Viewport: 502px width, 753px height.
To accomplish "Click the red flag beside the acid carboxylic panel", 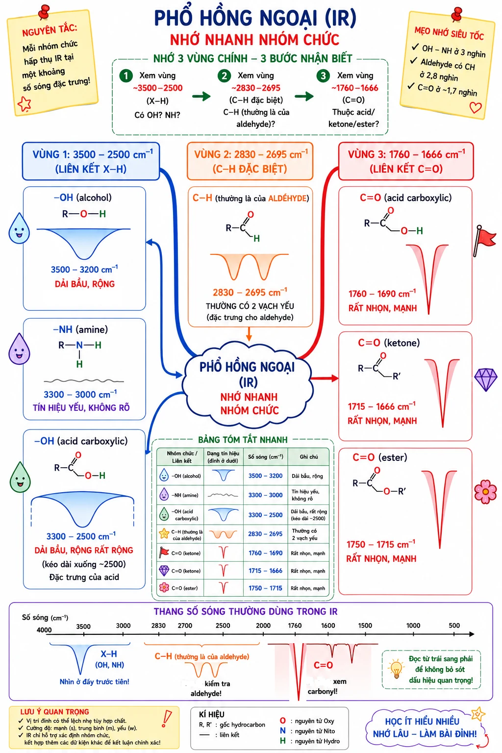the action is coord(484,240).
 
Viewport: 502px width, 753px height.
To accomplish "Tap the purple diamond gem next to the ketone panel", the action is coord(485,379).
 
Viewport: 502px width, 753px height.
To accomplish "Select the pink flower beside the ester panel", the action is coord(485,492).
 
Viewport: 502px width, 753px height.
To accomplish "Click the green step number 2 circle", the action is coord(224,76).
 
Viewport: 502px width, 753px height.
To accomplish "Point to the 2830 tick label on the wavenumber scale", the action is coord(158,626).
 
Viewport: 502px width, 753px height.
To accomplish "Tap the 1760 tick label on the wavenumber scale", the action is coord(295,626).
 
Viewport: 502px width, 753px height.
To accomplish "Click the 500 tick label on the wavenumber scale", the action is coord(454,625).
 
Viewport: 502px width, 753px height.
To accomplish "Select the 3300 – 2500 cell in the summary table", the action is coord(265,515).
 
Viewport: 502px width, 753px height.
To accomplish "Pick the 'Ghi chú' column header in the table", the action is coord(309,457).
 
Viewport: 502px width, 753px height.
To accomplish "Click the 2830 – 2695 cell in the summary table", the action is coord(265,534).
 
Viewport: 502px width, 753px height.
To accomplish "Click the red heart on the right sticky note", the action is coord(476,107).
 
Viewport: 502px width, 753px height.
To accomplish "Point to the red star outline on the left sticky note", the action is coord(24,103).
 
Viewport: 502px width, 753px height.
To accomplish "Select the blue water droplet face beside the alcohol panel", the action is coord(19,228).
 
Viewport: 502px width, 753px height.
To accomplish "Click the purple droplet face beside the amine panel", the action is coord(19,349).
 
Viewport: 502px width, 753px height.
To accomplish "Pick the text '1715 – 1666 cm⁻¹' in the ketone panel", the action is coord(381,406).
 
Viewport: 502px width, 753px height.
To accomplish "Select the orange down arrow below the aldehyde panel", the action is coord(249,333).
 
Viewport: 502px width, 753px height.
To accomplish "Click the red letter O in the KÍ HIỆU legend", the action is coord(283,721).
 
